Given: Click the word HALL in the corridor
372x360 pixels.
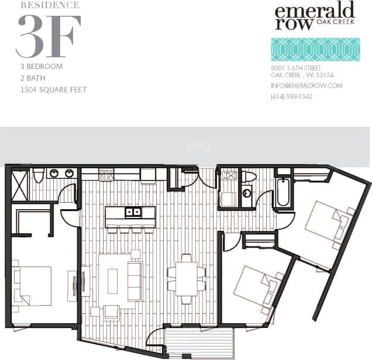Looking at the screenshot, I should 200,146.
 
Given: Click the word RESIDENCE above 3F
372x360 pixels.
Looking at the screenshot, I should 50,5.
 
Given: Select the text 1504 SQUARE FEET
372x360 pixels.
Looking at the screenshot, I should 53,89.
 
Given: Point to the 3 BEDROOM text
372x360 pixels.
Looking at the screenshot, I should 41,67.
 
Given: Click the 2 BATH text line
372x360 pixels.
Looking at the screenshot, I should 33,78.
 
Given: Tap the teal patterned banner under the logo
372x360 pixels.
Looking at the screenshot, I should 315,50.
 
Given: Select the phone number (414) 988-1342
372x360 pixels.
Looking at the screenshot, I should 291,96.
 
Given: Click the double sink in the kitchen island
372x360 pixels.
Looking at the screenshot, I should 133,212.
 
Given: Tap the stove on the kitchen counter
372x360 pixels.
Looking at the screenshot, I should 106,174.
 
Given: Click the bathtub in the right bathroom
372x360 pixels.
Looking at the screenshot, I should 283,192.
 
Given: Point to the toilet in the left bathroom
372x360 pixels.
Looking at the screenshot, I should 39,175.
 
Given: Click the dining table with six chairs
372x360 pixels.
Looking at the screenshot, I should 187,279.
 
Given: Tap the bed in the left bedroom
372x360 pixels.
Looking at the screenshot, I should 32,286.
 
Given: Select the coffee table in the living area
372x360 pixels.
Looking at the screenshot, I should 112,281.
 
